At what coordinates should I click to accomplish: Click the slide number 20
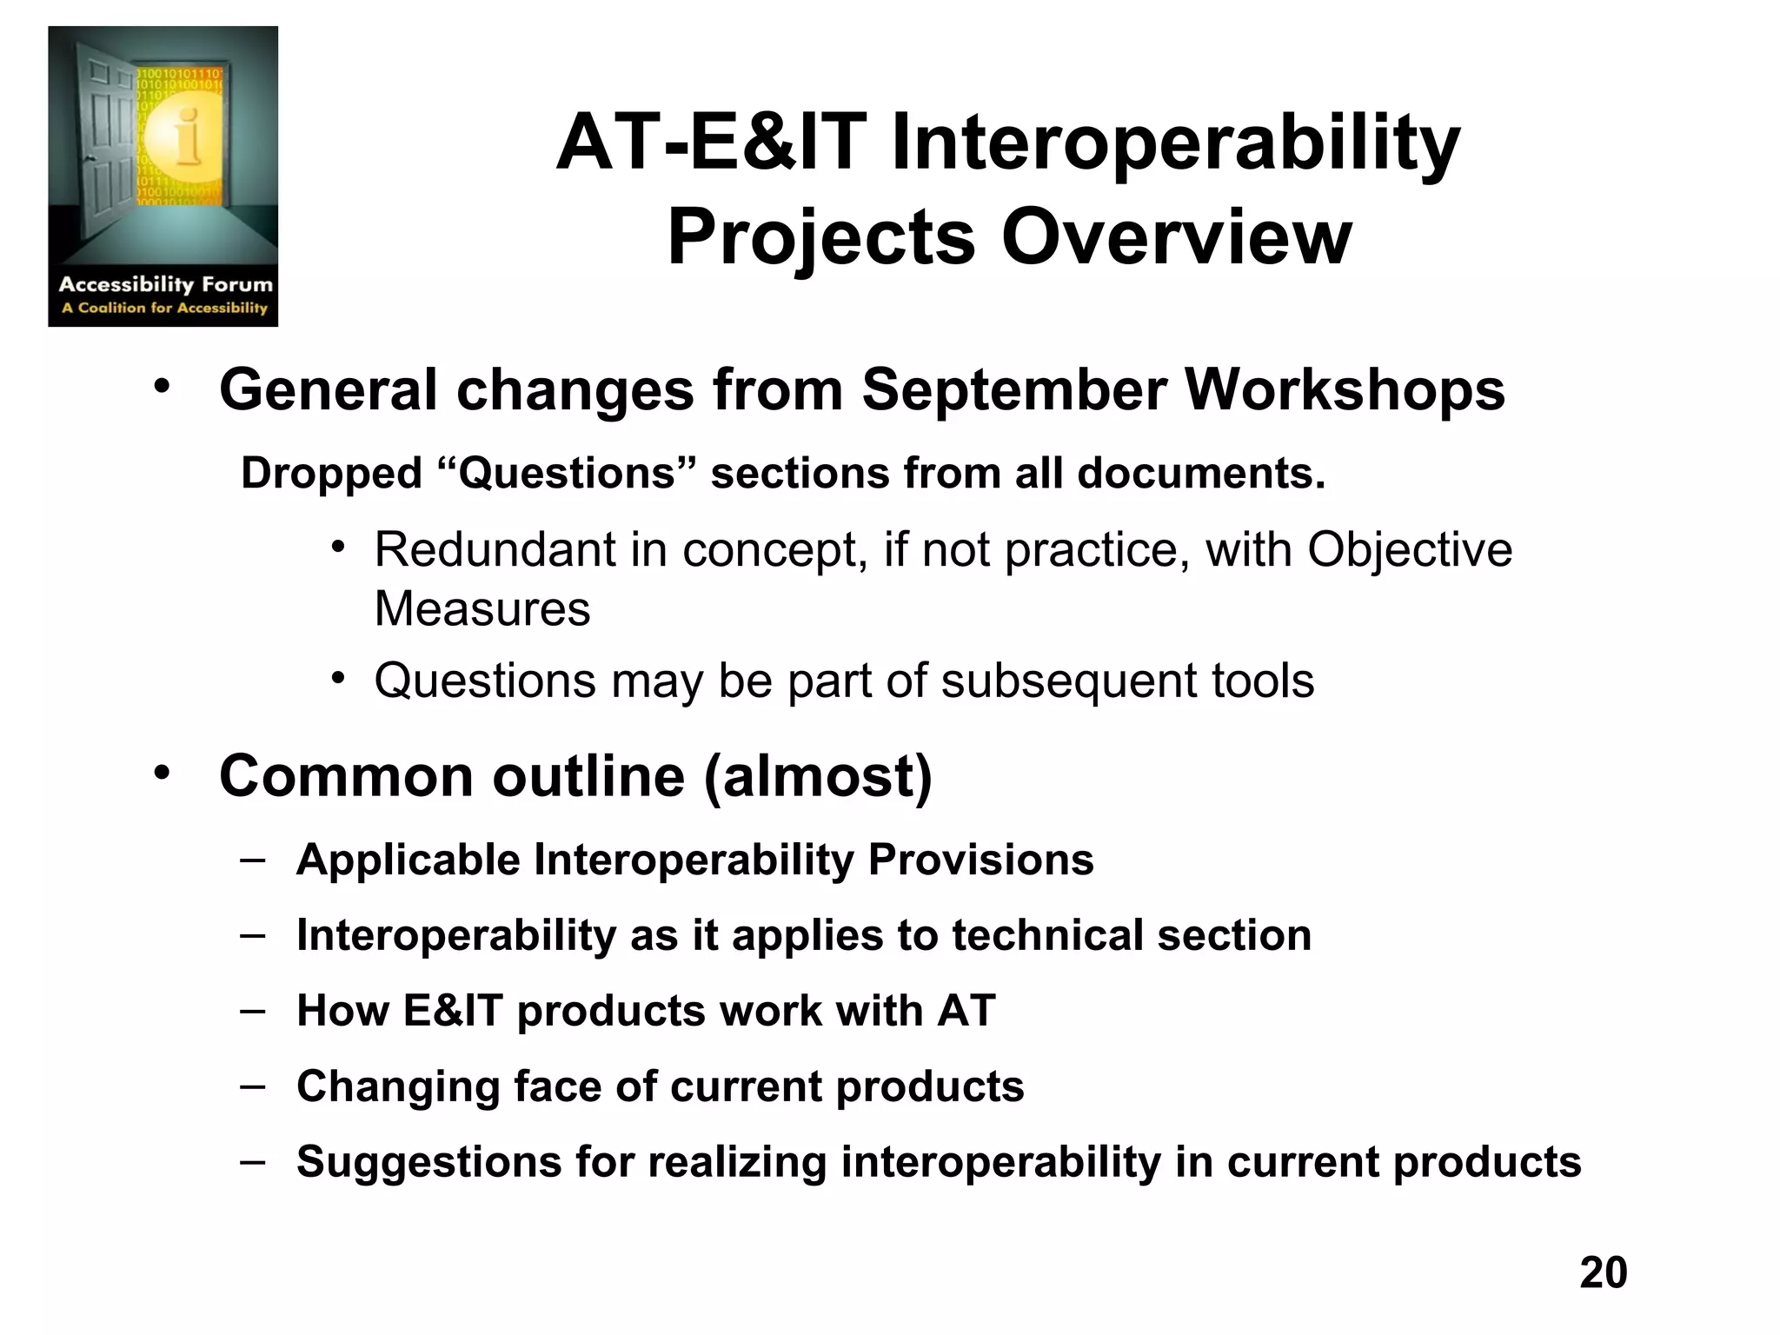[1603, 1272]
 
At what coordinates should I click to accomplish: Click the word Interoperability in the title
[1175, 143]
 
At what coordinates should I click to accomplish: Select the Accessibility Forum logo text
[165, 285]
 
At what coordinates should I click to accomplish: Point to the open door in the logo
[104, 130]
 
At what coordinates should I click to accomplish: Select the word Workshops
[1345, 390]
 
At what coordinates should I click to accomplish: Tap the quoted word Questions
[568, 474]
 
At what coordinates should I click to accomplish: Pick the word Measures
[482, 608]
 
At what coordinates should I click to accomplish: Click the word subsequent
[1069, 681]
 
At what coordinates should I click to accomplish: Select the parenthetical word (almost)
[817, 775]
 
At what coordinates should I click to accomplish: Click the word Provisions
[980, 860]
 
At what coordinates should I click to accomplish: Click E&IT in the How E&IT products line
[453, 1011]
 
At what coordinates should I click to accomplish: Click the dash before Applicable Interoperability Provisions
[253, 860]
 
